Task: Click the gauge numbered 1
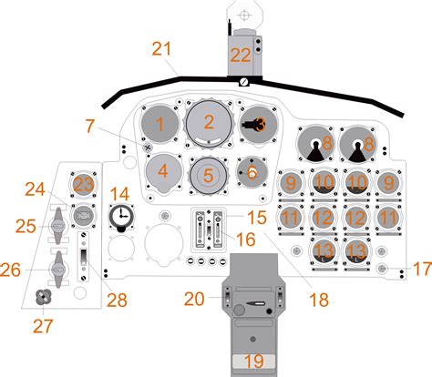[160, 123]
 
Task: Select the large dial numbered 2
[209, 123]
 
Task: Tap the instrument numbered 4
[164, 172]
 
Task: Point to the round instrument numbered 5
[208, 175]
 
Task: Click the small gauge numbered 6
[252, 172]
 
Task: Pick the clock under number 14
[121, 218]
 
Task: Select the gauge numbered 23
[84, 185]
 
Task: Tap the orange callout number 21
[161, 48]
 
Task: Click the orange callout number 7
[89, 126]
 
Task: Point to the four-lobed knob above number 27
[44, 297]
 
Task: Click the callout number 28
[117, 301]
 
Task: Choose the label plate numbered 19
[254, 362]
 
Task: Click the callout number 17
[422, 269]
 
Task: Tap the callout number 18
[319, 300]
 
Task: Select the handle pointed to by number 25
[57, 226]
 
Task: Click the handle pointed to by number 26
[57, 270]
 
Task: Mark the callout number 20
[194, 299]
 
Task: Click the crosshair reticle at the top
[243, 15]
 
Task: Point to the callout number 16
[245, 239]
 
